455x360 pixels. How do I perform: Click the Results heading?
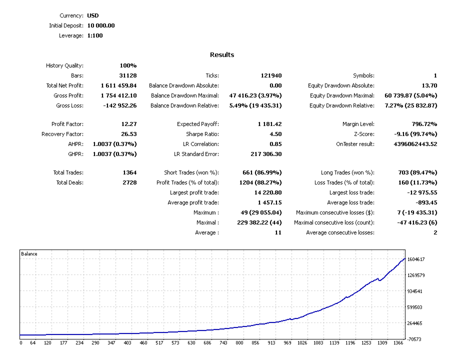coord(222,54)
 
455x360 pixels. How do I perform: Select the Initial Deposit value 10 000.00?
coord(101,25)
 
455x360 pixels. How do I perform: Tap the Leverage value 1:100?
coord(95,35)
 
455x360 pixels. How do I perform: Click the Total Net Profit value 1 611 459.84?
coord(118,85)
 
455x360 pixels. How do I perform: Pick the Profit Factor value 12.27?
coord(128,124)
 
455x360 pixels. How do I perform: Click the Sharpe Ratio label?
coord(202,134)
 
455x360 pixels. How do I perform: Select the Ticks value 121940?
coord(271,75)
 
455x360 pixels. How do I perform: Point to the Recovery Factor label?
coord(62,134)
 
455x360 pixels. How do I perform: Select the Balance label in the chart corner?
coord(29,254)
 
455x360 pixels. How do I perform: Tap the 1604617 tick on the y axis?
coord(416,259)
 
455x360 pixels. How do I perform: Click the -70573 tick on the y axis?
coord(414,339)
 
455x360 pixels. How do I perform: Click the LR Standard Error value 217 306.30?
coord(266,154)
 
